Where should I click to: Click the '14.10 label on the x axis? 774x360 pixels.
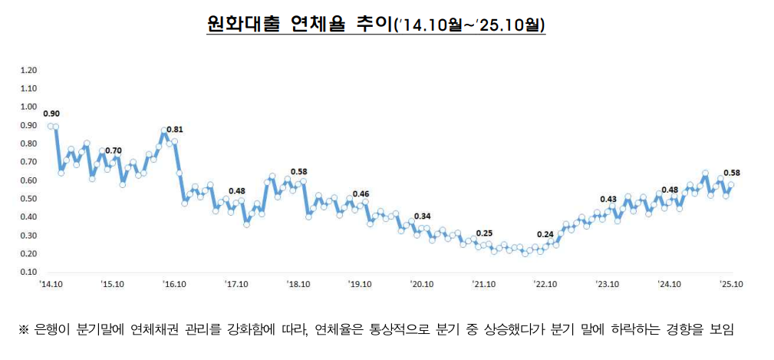pyautogui.click(x=50, y=283)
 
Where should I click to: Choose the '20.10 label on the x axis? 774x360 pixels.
pyautogui.click(x=421, y=283)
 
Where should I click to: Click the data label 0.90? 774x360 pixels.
pyautogui.click(x=51, y=114)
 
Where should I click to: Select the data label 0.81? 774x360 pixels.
pyautogui.click(x=175, y=129)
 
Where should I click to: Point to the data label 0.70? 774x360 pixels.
pyautogui.click(x=114, y=150)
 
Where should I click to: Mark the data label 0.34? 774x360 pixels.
pyautogui.click(x=422, y=216)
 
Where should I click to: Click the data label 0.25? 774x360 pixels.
pyautogui.click(x=484, y=233)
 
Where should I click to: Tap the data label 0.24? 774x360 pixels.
pyautogui.click(x=545, y=234)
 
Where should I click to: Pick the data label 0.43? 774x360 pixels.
pyautogui.click(x=608, y=199)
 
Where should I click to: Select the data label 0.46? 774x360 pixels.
pyautogui.click(x=361, y=193)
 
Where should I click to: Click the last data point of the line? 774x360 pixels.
pyautogui.click(x=731, y=184)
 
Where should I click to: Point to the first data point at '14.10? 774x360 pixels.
pyautogui.click(x=50, y=126)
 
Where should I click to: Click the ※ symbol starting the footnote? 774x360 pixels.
pyautogui.click(x=24, y=330)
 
